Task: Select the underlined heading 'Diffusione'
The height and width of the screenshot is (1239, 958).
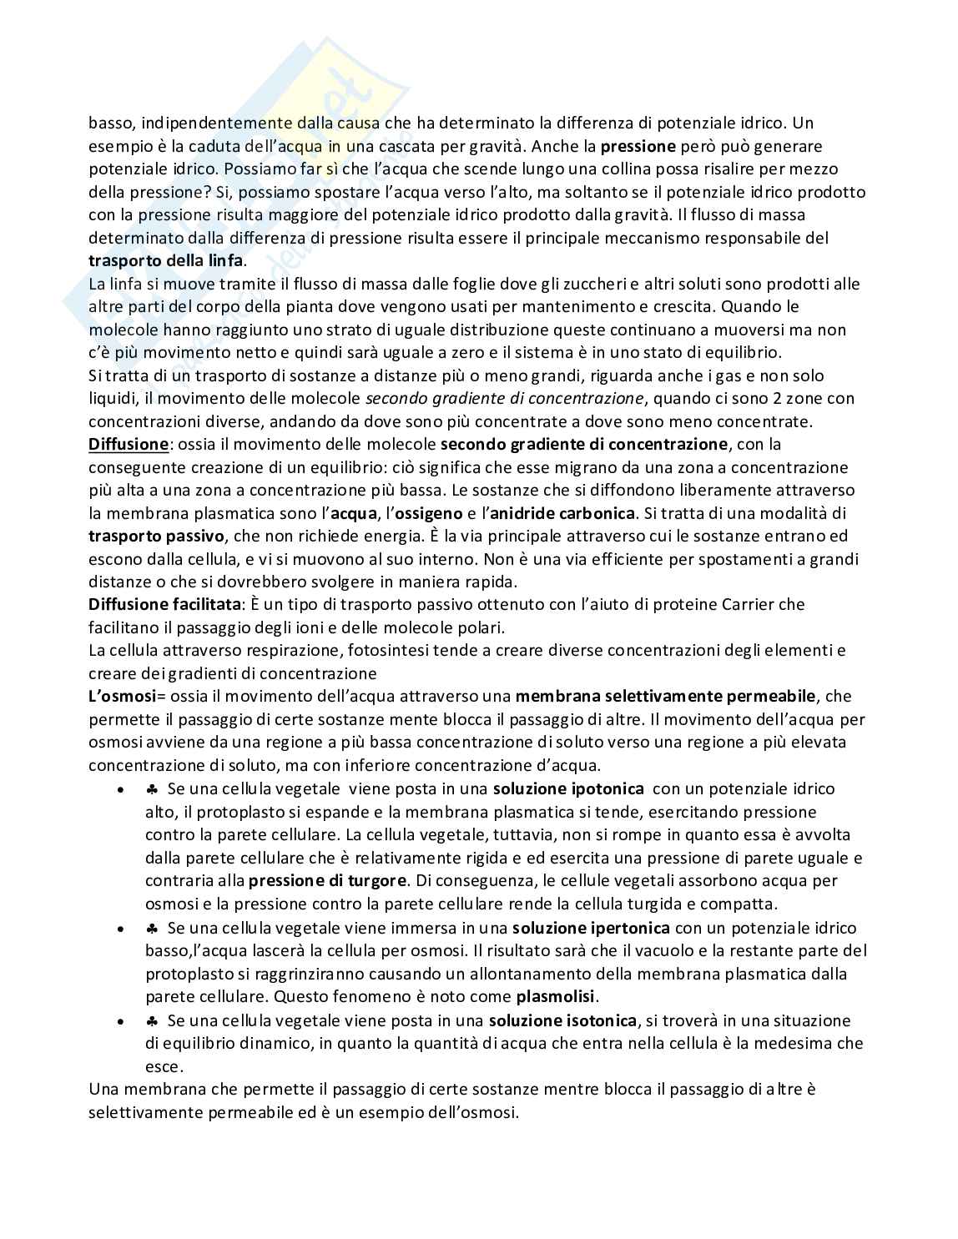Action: (x=128, y=444)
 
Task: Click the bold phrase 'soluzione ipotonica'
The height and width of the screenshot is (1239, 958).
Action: (x=568, y=788)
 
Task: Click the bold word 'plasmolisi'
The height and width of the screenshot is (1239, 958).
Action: (x=557, y=996)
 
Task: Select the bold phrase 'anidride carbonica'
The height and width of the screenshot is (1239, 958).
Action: (x=562, y=512)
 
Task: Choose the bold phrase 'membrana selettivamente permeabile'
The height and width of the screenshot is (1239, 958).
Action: (x=666, y=696)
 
